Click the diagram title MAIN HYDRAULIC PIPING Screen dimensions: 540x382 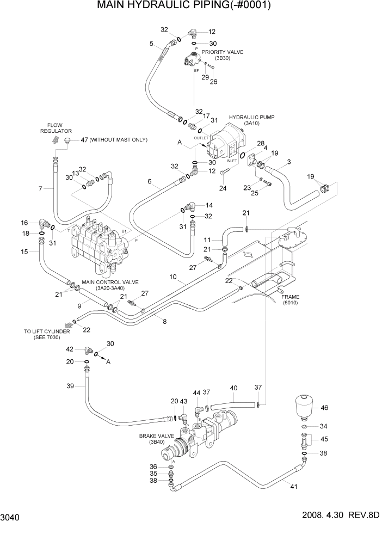(x=191, y=6)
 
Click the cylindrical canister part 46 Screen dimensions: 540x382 (x=305, y=403)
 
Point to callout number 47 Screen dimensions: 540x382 (x=84, y=140)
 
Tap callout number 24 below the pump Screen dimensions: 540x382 (x=223, y=189)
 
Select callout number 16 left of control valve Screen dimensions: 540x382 (x=24, y=223)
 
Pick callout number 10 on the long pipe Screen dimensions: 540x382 (x=173, y=277)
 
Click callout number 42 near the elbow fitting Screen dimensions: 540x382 (x=70, y=349)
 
